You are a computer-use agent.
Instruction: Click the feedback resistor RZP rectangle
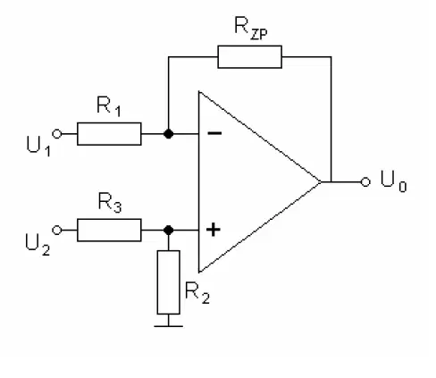(x=249, y=57)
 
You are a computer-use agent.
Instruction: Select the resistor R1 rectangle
(x=109, y=134)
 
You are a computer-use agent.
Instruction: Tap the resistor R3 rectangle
(x=109, y=230)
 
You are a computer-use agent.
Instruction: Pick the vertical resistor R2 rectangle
(x=169, y=282)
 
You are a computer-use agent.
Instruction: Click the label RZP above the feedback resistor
(x=251, y=29)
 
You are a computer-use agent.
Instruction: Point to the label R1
(x=109, y=106)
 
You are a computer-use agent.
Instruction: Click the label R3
(x=110, y=203)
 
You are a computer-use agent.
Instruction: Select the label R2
(x=197, y=293)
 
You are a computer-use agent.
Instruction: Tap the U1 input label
(x=38, y=146)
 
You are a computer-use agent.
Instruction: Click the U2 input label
(x=38, y=245)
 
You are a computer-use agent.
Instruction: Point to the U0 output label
(x=393, y=181)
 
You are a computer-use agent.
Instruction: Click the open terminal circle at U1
(x=57, y=134)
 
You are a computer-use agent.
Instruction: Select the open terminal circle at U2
(x=57, y=231)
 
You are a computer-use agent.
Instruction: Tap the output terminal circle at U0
(x=365, y=181)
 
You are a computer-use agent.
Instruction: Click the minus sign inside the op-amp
(x=214, y=133)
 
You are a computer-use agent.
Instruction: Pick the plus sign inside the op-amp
(x=214, y=230)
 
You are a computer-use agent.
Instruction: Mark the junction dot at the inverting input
(x=169, y=134)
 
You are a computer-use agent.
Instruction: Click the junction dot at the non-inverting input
(x=169, y=231)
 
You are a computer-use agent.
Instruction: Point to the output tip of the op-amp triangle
(x=321, y=181)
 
